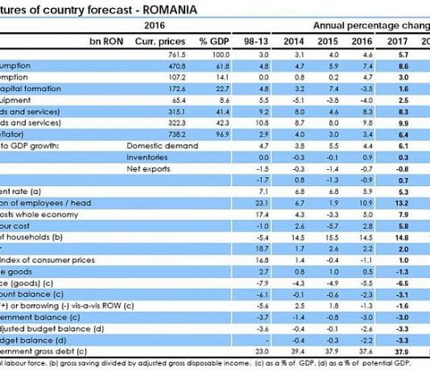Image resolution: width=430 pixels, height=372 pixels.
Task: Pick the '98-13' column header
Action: tap(254, 39)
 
